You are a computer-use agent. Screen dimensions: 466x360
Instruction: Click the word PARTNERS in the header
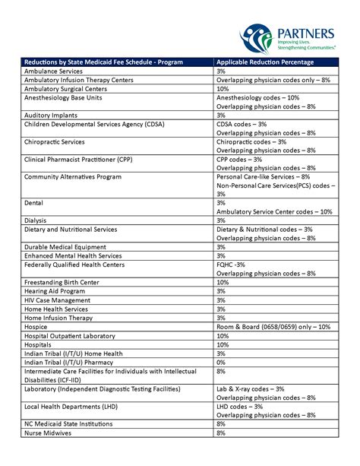coord(306,32)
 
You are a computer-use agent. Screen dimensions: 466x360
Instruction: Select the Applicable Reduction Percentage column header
coord(264,62)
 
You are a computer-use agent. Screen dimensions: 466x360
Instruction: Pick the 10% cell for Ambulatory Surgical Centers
coord(223,88)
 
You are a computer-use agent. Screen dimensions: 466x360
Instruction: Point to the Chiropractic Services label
coord(59,141)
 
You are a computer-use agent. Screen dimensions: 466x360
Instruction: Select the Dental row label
coord(33,203)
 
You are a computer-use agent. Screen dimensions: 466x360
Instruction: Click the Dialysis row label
coord(36,220)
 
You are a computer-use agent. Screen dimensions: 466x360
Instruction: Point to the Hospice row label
coord(36,327)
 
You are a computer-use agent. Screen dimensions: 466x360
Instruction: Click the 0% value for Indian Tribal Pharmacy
coord(221,362)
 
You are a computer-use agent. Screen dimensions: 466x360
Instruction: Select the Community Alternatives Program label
coord(73,176)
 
